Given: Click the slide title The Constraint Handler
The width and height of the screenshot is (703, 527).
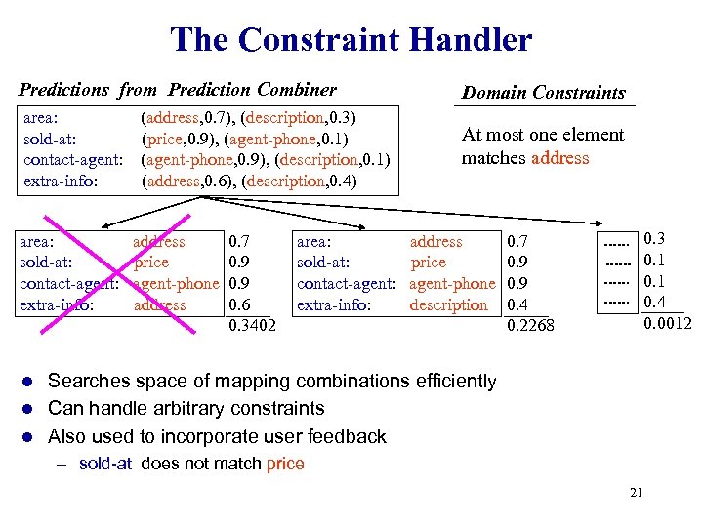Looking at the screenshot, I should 351,40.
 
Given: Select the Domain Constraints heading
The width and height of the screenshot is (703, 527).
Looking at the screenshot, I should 544,93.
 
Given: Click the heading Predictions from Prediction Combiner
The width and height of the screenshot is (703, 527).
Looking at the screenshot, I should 178,90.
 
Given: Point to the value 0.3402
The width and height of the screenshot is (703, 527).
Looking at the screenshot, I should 251,326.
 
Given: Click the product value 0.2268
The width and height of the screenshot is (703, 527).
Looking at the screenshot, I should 530,326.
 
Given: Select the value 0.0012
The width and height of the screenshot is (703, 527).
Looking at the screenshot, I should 668,323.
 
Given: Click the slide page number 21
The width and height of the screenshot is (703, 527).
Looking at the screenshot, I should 636,493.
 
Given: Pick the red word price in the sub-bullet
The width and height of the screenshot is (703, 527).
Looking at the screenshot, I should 285,464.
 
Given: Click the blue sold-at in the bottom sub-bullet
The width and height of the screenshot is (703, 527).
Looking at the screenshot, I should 105,464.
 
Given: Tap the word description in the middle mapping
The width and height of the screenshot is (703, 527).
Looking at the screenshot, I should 448,305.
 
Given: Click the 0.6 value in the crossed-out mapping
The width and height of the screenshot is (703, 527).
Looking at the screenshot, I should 237,305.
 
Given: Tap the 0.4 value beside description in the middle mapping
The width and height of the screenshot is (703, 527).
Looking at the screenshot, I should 517,305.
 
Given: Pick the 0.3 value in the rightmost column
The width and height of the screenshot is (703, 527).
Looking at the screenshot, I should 654,239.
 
